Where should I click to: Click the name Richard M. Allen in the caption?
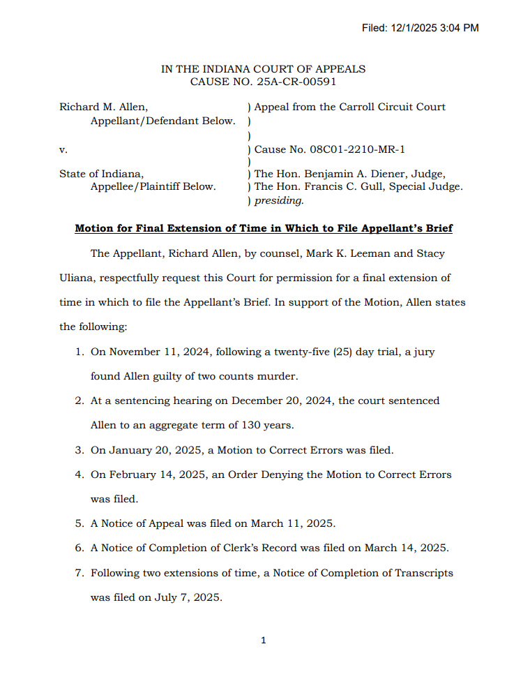103,107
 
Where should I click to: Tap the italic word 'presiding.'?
279,200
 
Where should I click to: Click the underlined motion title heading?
264,228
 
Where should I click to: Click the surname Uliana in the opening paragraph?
77,278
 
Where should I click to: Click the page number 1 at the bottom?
263,641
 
